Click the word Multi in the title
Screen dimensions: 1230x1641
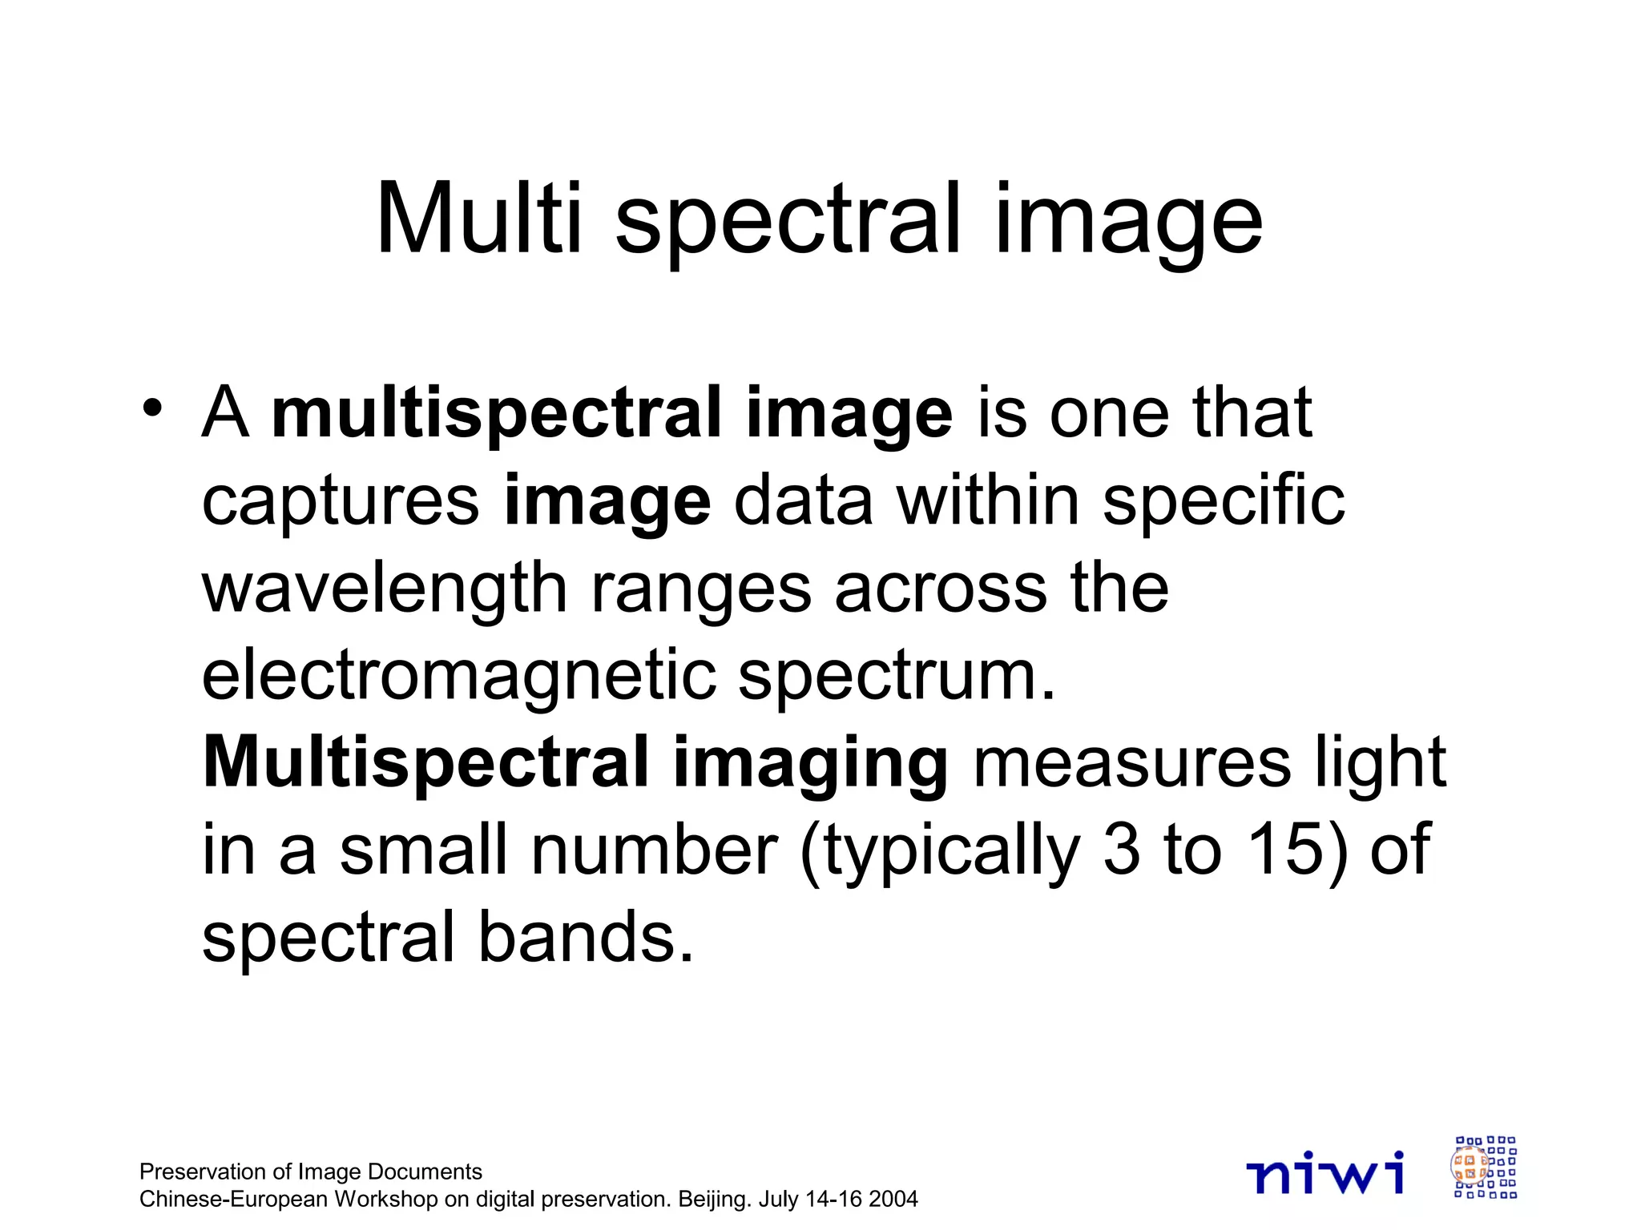point(478,218)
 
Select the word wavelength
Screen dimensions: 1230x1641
point(384,589)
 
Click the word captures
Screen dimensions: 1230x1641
point(341,501)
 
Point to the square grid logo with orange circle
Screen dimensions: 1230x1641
point(1485,1168)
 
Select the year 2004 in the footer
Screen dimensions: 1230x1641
point(893,1199)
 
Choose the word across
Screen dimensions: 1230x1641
point(940,589)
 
